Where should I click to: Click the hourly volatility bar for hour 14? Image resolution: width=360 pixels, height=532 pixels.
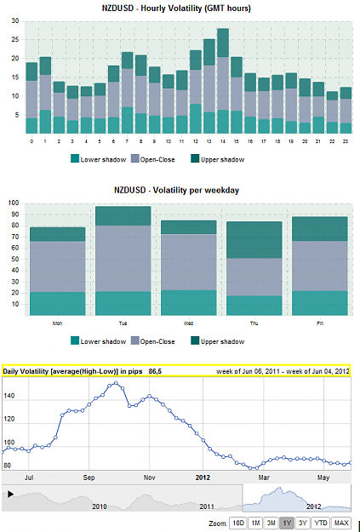point(223,81)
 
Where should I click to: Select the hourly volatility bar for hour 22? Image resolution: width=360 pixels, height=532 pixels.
point(332,112)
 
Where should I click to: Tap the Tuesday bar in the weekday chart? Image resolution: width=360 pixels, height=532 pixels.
point(123,261)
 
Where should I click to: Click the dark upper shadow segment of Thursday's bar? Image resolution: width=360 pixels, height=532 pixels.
point(254,240)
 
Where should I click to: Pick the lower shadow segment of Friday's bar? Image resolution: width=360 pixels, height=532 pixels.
point(320,303)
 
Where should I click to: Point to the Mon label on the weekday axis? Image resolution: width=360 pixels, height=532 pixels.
point(57,323)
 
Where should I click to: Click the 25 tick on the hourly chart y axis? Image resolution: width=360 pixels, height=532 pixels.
point(15,40)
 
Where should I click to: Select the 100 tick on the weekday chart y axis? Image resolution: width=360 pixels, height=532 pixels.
point(14,203)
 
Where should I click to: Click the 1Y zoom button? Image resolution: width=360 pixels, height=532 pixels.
point(287,523)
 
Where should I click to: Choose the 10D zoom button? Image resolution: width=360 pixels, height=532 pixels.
point(237,523)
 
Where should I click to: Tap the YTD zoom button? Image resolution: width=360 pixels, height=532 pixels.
point(321,523)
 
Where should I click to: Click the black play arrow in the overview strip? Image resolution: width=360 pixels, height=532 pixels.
point(10,494)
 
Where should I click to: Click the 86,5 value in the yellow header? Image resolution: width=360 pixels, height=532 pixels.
point(155,371)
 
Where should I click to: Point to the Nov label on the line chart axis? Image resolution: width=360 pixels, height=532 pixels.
point(149,478)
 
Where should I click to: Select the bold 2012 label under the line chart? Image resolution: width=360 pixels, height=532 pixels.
point(203,478)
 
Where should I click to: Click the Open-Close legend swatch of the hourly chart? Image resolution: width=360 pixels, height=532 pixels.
point(135,158)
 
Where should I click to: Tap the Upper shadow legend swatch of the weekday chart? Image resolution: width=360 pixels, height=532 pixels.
point(195,340)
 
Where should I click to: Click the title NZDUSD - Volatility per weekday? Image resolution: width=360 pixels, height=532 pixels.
point(176,190)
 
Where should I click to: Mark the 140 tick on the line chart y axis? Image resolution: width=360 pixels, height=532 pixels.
point(9,396)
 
